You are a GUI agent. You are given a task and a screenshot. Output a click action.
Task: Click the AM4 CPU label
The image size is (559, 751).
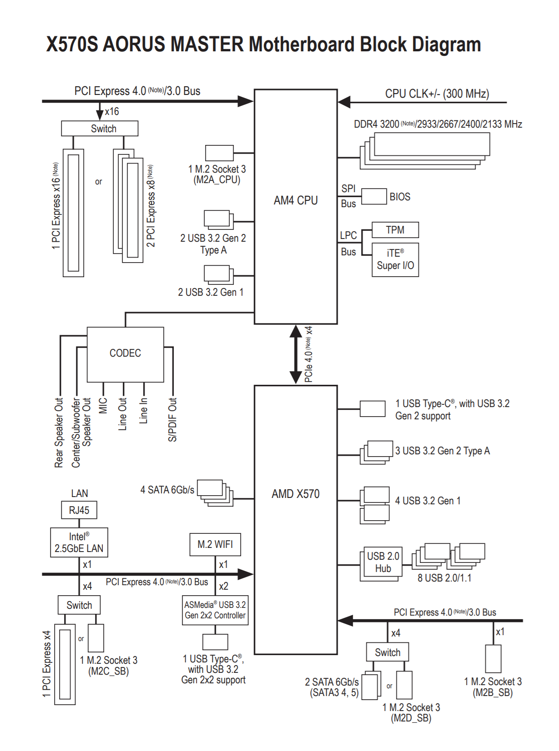click(296, 200)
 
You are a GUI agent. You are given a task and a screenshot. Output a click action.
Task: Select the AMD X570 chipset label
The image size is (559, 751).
click(296, 494)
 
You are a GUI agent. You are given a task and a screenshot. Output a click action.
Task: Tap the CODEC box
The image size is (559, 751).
click(125, 353)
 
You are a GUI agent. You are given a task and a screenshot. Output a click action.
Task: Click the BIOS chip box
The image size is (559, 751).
click(374, 197)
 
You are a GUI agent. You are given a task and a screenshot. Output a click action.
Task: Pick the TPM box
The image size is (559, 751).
click(395, 230)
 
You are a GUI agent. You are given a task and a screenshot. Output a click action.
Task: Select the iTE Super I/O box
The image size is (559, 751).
click(395, 259)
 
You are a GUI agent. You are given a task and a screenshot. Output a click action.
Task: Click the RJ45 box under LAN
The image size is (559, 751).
click(79, 510)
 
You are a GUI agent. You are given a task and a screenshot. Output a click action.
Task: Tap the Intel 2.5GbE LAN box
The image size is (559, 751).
click(79, 542)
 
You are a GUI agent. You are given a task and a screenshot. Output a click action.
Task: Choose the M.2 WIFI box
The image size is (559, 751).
click(215, 544)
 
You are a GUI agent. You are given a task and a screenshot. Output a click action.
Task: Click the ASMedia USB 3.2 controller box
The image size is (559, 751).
click(215, 610)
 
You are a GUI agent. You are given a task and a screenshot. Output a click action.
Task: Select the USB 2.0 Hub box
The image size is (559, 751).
click(383, 562)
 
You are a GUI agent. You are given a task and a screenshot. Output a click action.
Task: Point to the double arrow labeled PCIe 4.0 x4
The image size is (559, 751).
click(296, 354)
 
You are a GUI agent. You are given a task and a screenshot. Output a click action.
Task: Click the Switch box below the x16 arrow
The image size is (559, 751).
click(100, 129)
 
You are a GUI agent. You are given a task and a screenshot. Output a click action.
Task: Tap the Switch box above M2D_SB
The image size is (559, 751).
click(388, 652)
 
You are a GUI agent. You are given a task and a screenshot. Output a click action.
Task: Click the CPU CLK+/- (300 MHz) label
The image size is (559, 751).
click(437, 94)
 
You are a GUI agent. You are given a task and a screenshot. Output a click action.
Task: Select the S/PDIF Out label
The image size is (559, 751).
click(172, 419)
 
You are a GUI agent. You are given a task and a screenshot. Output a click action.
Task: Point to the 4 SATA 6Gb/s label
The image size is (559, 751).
click(167, 490)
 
